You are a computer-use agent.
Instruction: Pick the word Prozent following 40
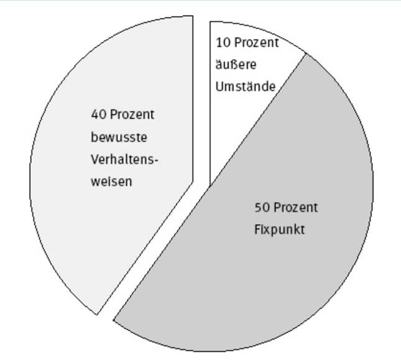tap(132, 115)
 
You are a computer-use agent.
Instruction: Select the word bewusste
tap(119, 137)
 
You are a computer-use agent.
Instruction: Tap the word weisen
tap(112, 182)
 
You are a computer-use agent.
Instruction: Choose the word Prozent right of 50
tap(295, 207)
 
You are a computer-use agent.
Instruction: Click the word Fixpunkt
tap(279, 229)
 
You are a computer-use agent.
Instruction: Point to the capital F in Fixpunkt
tap(257, 229)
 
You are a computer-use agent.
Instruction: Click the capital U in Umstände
tap(219, 86)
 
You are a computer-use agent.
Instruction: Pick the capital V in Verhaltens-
tap(94, 160)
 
